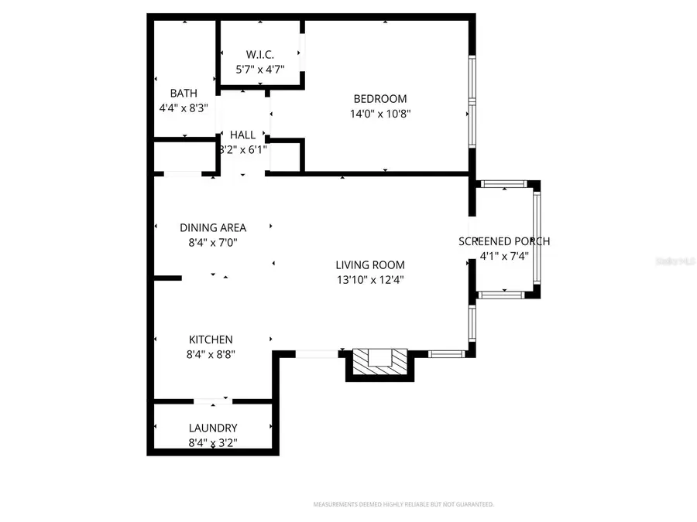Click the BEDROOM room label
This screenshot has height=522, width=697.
[x=379, y=98]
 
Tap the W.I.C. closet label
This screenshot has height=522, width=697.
[x=260, y=54]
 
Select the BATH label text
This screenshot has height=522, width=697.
[x=184, y=94]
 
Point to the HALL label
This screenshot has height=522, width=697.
[x=242, y=135]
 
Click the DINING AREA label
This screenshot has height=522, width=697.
[x=213, y=227]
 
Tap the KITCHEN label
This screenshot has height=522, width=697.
[x=211, y=339]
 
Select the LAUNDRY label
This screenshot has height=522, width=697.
[x=213, y=428]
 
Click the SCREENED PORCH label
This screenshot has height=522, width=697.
[x=504, y=241]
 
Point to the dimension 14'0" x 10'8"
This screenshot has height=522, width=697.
[x=379, y=113]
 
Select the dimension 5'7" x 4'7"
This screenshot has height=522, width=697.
[x=260, y=69]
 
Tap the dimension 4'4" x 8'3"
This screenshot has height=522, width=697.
[x=184, y=108]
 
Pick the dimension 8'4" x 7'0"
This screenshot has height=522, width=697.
[x=213, y=242]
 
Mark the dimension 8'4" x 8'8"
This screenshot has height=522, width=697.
[x=211, y=354]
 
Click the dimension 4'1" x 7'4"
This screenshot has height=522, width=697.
[x=504, y=256]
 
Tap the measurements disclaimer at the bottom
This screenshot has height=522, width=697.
[x=403, y=504]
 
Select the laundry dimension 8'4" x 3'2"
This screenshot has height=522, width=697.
[x=213, y=443]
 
